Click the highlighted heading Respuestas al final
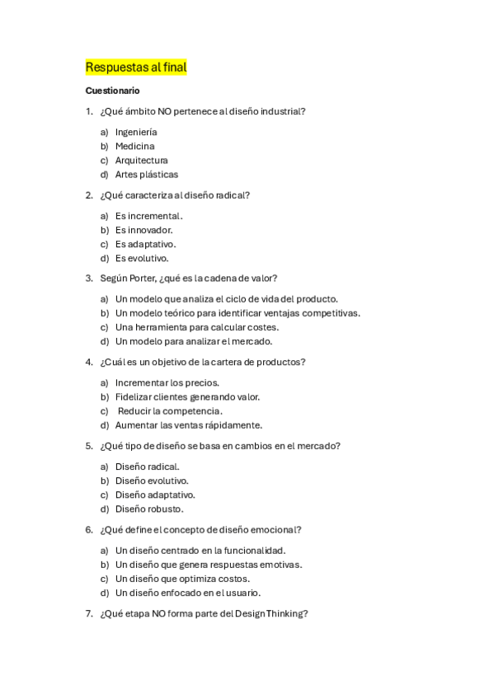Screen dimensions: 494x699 click(x=136, y=67)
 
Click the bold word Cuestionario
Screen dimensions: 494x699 click(x=113, y=90)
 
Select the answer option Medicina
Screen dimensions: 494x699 click(x=134, y=146)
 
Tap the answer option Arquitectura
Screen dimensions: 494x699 click(x=141, y=160)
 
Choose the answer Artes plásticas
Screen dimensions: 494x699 click(x=146, y=174)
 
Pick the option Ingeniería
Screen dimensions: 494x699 click(x=136, y=132)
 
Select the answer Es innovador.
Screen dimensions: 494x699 click(x=143, y=230)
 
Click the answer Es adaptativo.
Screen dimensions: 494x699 click(x=145, y=244)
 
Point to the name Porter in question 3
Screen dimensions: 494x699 click(x=152, y=279)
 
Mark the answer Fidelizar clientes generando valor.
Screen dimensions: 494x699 click(x=187, y=396)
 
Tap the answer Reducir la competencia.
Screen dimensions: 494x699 click(x=170, y=410)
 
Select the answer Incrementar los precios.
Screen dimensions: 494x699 click(x=167, y=382)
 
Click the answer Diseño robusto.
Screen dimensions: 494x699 click(x=149, y=509)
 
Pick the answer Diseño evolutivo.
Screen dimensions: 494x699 click(x=152, y=481)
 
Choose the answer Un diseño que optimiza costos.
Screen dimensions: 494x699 click(x=182, y=579)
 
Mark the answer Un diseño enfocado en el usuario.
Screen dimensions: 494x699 click(x=188, y=593)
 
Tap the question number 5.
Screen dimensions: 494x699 click(x=88, y=446)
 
